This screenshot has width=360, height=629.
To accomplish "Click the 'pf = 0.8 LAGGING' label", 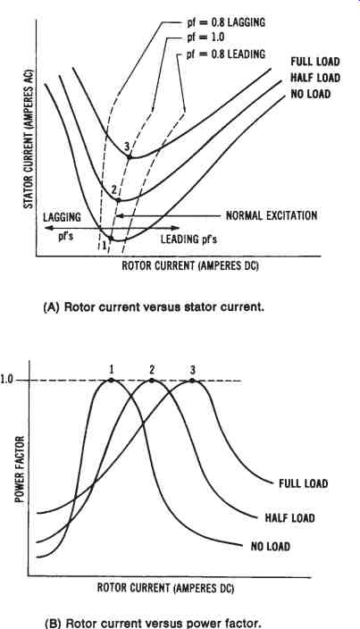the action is (x=226, y=22).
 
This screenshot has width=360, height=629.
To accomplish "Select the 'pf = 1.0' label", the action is (x=205, y=38).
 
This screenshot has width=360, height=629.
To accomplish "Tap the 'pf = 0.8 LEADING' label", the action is (x=226, y=54).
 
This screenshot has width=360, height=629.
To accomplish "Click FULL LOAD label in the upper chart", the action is (x=315, y=62).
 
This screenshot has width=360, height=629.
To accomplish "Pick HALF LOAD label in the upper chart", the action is (x=315, y=78).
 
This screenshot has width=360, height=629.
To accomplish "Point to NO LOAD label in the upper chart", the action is (x=311, y=95).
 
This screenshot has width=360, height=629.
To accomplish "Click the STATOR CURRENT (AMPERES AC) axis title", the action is (x=28, y=140).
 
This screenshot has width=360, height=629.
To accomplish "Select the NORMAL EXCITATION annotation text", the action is (x=272, y=215).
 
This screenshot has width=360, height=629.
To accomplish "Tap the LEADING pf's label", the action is (x=188, y=239).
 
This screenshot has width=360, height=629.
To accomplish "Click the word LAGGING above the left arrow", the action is (x=63, y=217).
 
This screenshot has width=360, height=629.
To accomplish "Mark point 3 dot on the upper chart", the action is (x=130, y=157).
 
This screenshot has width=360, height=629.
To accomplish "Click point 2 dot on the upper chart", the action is (x=118, y=199).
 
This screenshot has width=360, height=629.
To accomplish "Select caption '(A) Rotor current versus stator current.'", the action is (x=154, y=307).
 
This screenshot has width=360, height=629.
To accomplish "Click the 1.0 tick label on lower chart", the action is (x=7, y=380).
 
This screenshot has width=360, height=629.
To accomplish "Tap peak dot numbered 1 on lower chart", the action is (x=111, y=380).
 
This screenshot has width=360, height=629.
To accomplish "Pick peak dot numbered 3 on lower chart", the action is (x=192, y=380).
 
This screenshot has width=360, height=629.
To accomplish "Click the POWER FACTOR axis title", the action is (x=20, y=469).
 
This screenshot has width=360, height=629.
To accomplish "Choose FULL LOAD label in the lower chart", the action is (x=304, y=483).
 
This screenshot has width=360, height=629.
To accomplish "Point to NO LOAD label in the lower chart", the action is (x=271, y=547).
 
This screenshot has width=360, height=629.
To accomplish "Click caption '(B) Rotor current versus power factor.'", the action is (x=153, y=624).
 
